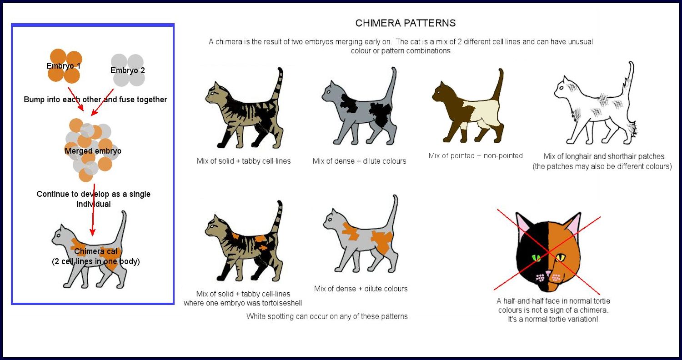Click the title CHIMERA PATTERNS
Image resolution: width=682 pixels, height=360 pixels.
405,23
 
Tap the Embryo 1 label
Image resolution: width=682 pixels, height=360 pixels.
63,66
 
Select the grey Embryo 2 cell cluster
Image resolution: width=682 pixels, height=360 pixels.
128,70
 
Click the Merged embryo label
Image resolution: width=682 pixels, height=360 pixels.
93,151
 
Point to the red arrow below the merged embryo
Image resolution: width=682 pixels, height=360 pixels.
93,209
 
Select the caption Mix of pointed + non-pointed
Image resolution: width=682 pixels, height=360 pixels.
476,156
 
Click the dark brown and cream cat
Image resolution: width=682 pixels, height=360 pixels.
468,109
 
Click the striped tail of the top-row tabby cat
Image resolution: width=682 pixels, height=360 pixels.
278,86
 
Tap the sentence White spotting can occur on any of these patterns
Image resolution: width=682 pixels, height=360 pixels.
328,316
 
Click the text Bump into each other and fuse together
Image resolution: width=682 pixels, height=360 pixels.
95,100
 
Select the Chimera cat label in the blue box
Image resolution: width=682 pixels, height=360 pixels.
95,251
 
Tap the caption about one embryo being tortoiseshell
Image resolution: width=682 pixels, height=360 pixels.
243,303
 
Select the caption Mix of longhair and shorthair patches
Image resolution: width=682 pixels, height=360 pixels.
603,156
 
